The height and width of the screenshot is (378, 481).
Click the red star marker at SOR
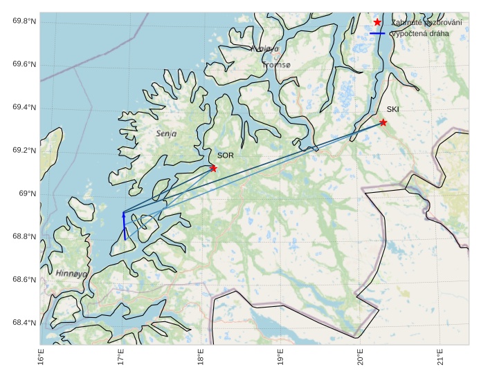click(x=213, y=168)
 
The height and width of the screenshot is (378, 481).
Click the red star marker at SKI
click(x=383, y=122)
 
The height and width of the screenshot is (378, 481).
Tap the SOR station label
click(x=225, y=156)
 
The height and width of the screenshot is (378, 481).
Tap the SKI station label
click(x=393, y=109)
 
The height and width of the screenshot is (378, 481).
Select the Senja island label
click(x=166, y=133)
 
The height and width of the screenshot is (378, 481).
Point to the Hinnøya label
click(x=71, y=273)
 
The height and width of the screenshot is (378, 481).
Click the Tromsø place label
click(x=277, y=64)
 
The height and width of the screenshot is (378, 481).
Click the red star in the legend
click(x=377, y=22)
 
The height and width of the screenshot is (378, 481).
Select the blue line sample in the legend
click(x=377, y=33)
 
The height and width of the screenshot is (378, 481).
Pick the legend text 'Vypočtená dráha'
click(x=419, y=33)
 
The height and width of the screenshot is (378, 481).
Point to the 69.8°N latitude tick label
click(x=24, y=21)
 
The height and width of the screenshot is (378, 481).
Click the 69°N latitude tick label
click(x=28, y=193)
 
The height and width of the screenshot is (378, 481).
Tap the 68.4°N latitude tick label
click(x=24, y=323)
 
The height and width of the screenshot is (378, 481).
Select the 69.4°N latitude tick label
click(x=24, y=108)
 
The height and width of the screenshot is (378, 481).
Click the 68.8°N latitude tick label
click(x=24, y=237)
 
